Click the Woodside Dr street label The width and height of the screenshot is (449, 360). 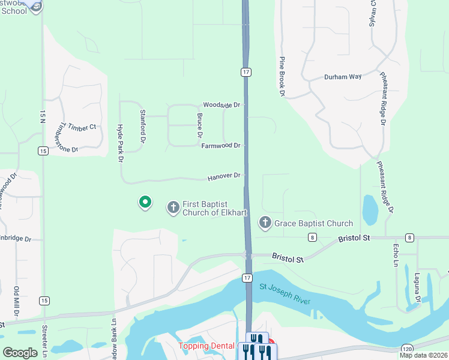221,105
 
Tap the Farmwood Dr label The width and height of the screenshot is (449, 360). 221,146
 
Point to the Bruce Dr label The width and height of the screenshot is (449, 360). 199,125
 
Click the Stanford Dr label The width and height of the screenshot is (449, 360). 143,122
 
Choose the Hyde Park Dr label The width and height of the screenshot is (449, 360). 120,143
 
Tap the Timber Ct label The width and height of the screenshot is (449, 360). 82,127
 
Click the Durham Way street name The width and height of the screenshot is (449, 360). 343,77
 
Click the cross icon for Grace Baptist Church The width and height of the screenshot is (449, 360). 265,223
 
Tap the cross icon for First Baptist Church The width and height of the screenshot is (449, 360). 173,208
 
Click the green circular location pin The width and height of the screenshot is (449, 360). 145,202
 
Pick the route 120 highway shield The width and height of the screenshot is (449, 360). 407,348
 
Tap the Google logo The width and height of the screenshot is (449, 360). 20,353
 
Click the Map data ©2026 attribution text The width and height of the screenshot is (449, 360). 423,355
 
